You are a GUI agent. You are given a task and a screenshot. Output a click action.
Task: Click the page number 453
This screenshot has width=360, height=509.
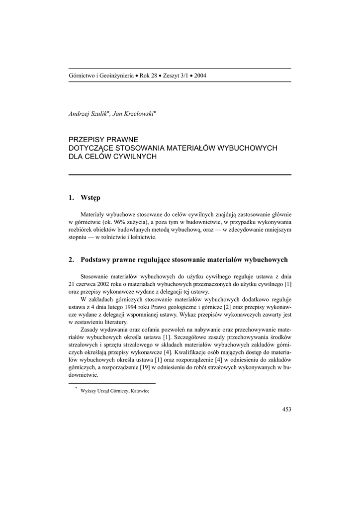tap(286, 409)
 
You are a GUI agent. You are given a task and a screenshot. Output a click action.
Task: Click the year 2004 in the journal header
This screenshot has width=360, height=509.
tap(200, 76)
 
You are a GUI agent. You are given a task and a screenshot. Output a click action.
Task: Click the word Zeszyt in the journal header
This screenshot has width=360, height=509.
tap(172, 76)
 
